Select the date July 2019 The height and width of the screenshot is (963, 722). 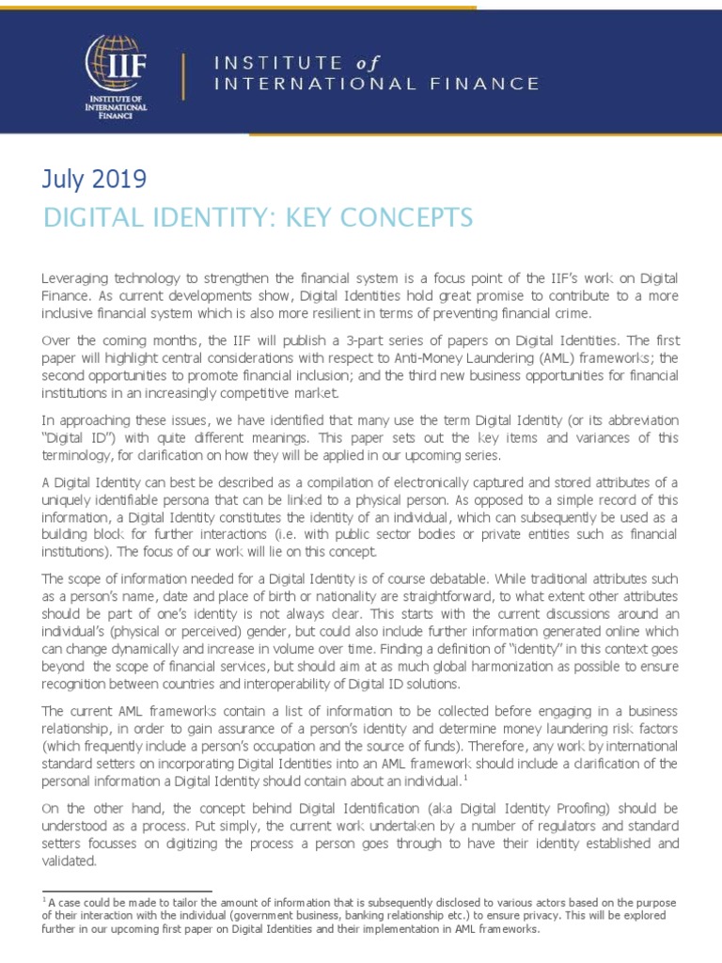[95, 179]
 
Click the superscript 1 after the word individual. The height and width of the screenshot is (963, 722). [463, 779]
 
